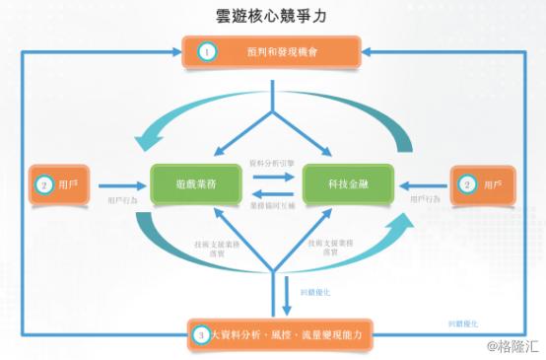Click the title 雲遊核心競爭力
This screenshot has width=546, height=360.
pyautogui.click(x=272, y=16)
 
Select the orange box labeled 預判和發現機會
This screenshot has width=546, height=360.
pyautogui.click(x=273, y=50)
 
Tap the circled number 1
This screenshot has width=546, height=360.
pyautogui.click(x=206, y=50)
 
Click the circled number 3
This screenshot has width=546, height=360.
pyautogui.click(x=201, y=335)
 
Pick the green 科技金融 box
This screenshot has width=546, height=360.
pyautogui.click(x=348, y=183)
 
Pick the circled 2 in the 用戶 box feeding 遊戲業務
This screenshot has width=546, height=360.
pyautogui.click(x=43, y=184)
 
